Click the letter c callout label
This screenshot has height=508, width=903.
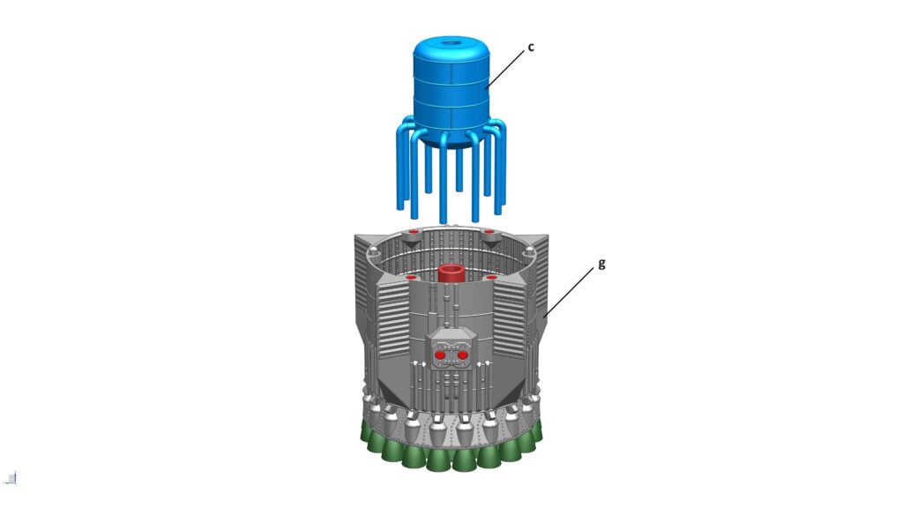click(531, 49)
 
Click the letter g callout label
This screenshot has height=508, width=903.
click(601, 263)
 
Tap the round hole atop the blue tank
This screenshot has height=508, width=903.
click(451, 41)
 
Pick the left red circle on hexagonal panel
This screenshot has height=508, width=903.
click(440, 355)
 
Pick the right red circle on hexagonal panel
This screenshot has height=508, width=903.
click(462, 355)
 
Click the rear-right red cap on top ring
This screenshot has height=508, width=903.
click(489, 233)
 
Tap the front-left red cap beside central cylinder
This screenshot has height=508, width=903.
click(411, 278)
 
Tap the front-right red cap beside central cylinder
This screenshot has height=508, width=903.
click(490, 278)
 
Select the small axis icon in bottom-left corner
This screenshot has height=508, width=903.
click(11, 478)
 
